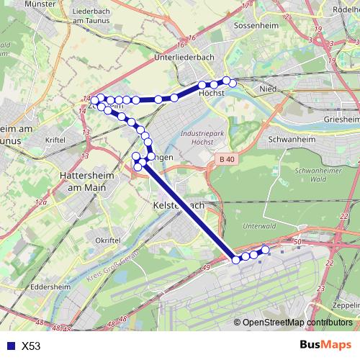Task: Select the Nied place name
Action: click(x=267, y=89)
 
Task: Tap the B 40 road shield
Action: click(x=228, y=158)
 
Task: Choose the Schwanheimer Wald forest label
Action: click(x=297, y=175)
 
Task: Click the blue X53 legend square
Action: click(x=9, y=346)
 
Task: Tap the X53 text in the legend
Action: click(x=31, y=346)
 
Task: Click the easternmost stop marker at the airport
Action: click(x=266, y=250)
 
